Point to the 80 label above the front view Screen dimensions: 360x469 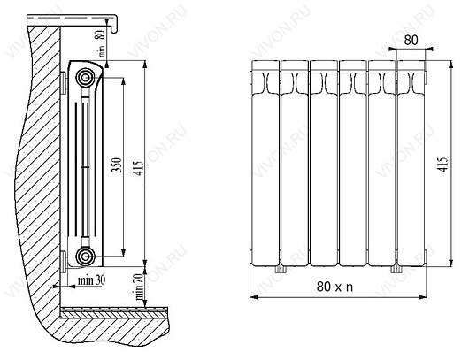[x=410, y=41]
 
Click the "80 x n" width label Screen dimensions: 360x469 [x=337, y=287]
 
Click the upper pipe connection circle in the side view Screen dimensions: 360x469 [x=85, y=75]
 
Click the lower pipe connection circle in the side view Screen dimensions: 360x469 [x=85, y=257]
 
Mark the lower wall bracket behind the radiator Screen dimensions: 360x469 [x=64, y=258]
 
